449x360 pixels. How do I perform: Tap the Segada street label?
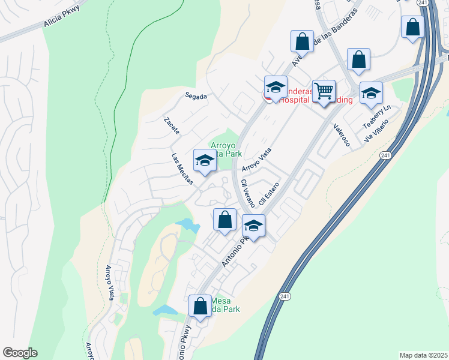[x=196, y=96]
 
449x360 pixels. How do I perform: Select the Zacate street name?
[x=171, y=126]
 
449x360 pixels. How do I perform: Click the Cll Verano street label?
[x=247, y=193]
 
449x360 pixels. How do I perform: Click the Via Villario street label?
[x=376, y=130]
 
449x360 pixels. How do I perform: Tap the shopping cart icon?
[x=324, y=91]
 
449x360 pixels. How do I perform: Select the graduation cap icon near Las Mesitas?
[x=205, y=161]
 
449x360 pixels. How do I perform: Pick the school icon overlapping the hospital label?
[x=276, y=88]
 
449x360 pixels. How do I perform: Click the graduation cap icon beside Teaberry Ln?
[x=371, y=93]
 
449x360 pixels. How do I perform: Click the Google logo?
[x=20, y=353]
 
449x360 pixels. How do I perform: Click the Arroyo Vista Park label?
[x=225, y=149]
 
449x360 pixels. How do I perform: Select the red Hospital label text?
[x=292, y=100]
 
